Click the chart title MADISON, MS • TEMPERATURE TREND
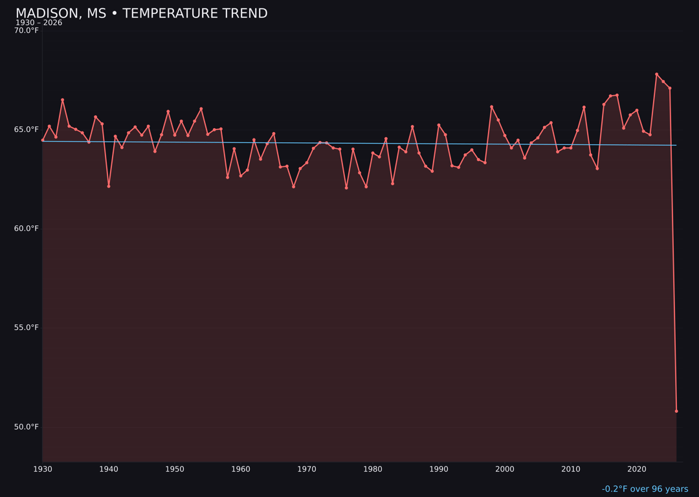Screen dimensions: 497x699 141,14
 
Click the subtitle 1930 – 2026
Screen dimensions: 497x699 39,23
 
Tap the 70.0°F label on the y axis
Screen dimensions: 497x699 27,30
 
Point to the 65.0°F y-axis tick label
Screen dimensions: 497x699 27,129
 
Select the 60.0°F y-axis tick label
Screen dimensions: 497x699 27,228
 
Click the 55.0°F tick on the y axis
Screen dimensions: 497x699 27,327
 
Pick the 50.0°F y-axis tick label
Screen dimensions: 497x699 27,427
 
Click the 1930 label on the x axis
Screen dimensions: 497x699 43,469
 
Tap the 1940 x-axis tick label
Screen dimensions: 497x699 109,469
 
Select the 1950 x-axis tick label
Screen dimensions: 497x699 175,469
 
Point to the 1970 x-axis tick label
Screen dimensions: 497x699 307,469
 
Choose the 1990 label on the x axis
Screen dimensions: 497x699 439,469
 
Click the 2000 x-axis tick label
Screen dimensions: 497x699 505,469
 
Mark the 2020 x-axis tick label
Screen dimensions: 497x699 637,469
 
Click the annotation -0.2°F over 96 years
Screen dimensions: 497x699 645,489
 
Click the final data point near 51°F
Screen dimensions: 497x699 676,411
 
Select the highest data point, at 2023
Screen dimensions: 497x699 656,74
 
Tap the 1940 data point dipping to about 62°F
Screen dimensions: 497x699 109,186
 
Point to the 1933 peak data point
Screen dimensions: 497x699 63,100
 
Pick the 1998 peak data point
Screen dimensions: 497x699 491,107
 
